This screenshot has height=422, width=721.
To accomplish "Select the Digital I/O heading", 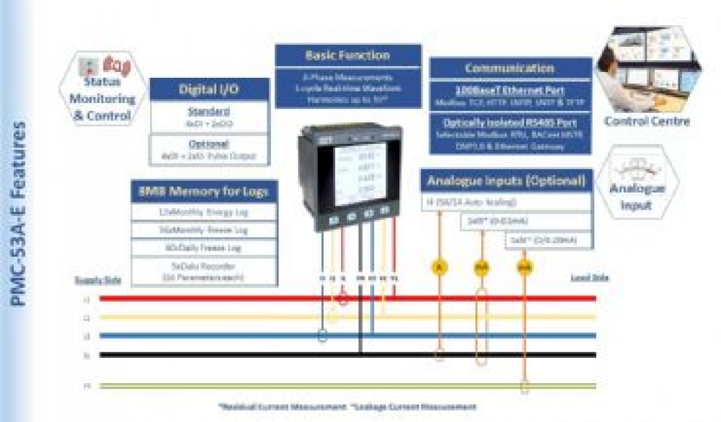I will point(209,89).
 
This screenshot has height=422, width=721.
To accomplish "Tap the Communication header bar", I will point(509,68).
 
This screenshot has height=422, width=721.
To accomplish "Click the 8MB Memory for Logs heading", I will point(204,192).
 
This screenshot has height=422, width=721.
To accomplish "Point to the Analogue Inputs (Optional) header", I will point(506,181).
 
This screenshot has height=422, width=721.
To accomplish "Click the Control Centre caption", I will point(646,121).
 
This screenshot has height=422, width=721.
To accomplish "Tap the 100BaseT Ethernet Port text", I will point(509,91).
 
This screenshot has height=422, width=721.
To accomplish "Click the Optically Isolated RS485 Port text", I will point(509,123).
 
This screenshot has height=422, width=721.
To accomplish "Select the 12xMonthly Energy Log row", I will point(204,212).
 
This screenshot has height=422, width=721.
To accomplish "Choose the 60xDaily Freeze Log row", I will point(204,248).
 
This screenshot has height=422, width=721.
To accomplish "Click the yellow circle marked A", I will point(440,268).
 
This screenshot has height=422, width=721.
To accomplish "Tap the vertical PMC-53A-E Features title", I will point(18,213).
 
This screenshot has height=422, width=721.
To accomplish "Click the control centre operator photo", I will point(647,68).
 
